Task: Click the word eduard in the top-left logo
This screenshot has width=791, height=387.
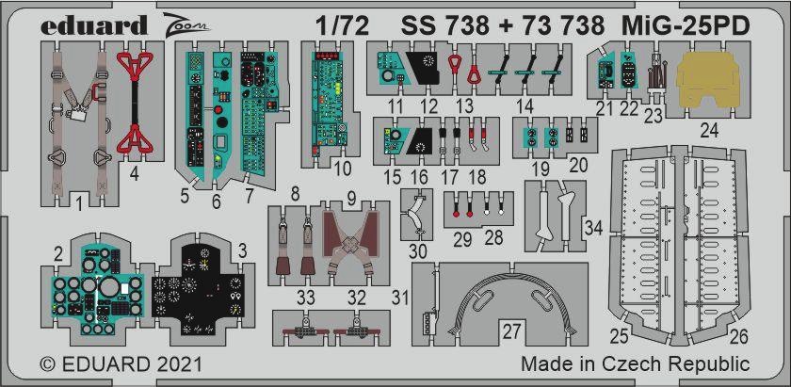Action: [94, 24]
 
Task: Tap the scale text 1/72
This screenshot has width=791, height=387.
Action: [343, 25]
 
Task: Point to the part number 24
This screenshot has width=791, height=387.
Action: [708, 131]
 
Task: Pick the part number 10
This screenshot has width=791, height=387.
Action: [342, 169]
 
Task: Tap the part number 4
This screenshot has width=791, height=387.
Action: [134, 174]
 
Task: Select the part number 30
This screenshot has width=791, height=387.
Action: [419, 250]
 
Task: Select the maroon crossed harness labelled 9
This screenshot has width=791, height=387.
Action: [351, 242]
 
